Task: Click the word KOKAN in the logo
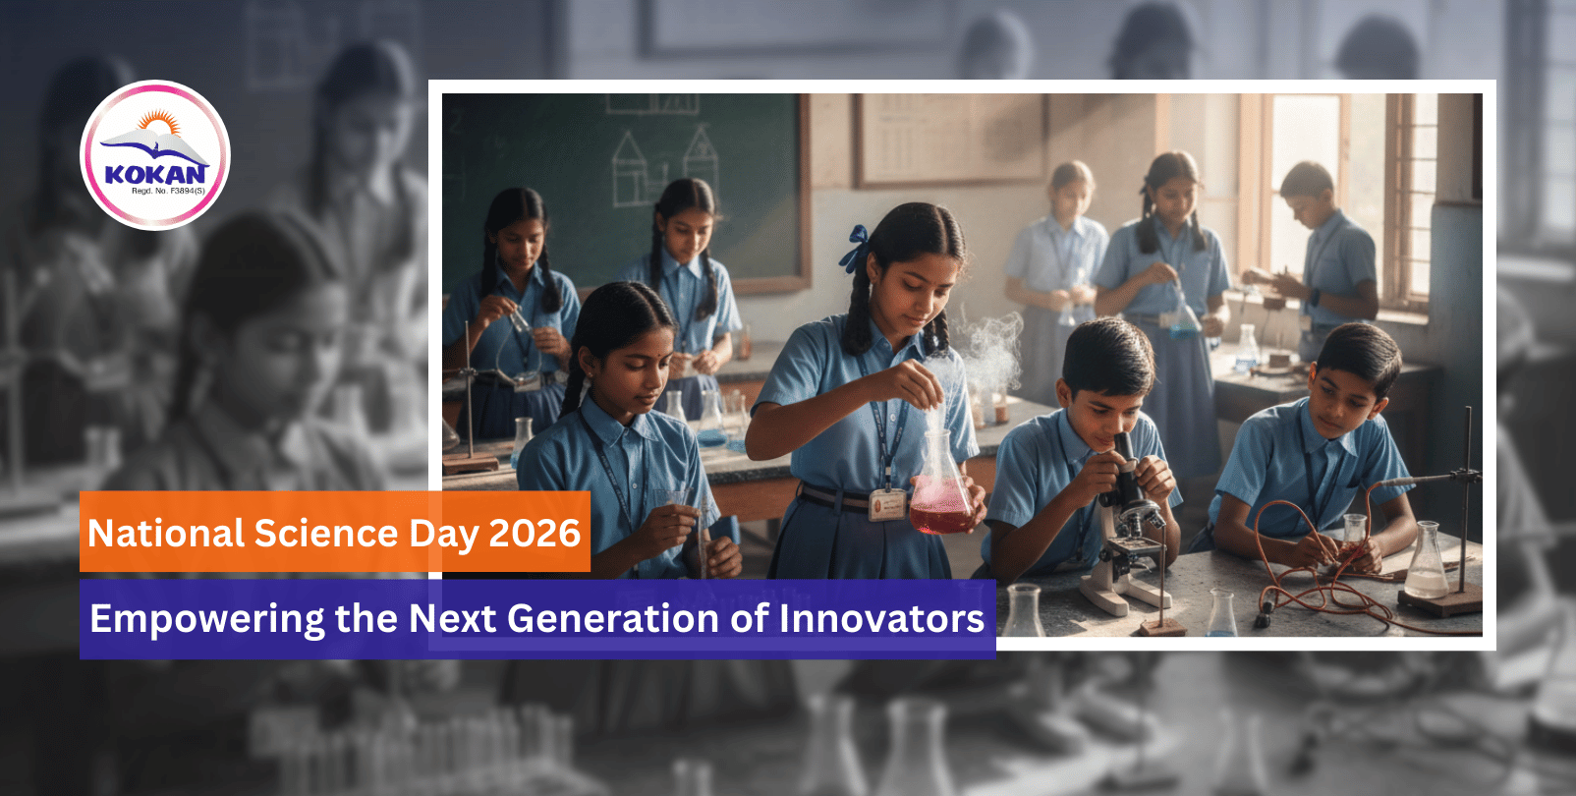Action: (155, 174)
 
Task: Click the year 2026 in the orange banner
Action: (535, 533)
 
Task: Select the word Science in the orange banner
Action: (325, 533)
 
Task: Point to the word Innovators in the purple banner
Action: (881, 619)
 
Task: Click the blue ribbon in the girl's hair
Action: (855, 247)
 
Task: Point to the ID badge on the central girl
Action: (886, 505)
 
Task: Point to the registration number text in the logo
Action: (168, 191)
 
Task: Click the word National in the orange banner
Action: (165, 533)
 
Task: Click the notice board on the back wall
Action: (949, 139)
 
